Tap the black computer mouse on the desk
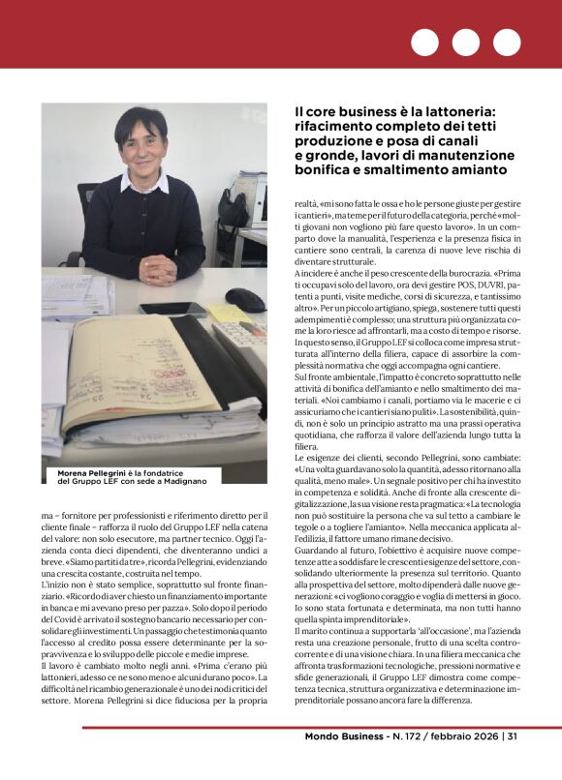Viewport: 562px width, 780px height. click(x=244, y=299)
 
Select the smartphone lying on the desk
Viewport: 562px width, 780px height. click(x=172, y=310)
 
